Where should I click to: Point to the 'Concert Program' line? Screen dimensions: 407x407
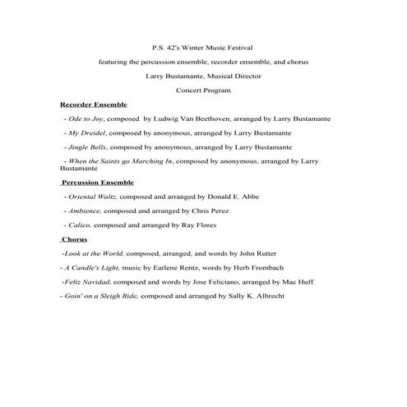(203, 90)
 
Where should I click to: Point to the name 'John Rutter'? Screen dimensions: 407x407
(243, 253)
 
